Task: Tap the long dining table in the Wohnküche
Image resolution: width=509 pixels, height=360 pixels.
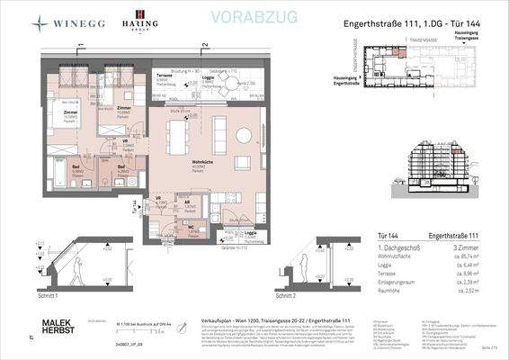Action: pos(177,137)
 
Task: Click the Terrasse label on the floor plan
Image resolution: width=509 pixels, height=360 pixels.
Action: pos(165,76)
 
